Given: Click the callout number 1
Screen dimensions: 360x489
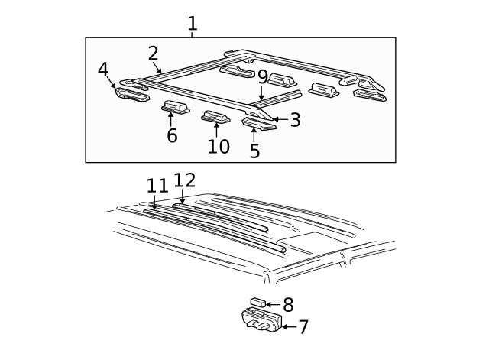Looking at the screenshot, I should [193, 24].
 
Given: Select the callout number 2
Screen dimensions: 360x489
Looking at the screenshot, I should [153, 53].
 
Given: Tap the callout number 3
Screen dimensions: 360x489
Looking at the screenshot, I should [295, 120].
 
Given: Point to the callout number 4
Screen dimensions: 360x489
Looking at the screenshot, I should [103, 70].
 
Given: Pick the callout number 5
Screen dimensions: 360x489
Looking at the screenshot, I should [254, 151].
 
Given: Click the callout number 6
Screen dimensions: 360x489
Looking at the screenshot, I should [172, 136].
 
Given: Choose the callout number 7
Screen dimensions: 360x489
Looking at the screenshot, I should [303, 327].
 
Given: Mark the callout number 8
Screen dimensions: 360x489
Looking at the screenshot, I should [288, 303].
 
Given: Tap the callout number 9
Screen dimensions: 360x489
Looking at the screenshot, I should [262, 76].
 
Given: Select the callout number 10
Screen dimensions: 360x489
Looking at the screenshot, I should [218, 146].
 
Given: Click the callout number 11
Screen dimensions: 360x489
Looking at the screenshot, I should [157, 186].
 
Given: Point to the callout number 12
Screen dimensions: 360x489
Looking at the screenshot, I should [185, 180].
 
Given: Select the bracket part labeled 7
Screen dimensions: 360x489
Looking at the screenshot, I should [258, 320].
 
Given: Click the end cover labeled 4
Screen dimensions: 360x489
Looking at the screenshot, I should [133, 95].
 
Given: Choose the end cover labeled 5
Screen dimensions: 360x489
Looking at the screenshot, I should [258, 123].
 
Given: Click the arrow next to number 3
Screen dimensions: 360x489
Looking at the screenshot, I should [279, 119].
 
